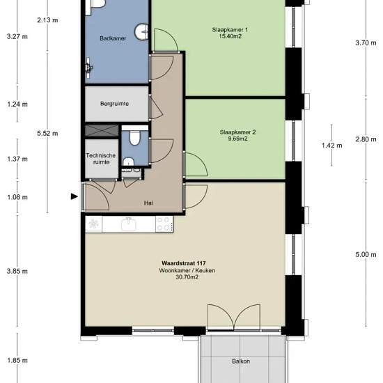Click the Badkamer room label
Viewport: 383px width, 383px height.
[113, 38]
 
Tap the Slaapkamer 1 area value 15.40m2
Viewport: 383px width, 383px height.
[230, 36]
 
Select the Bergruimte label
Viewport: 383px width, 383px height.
[114, 104]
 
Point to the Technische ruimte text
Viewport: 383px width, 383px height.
[101, 159]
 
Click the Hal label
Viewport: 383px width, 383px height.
[148, 203]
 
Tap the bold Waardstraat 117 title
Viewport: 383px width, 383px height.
[184, 263]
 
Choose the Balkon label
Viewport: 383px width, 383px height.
[241, 361]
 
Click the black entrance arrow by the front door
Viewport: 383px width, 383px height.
[75, 196]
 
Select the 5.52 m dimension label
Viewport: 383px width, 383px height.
[47, 134]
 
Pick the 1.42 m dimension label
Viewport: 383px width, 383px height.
[332, 146]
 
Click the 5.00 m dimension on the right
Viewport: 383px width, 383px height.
[366, 254]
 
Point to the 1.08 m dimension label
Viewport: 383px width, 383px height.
[17, 197]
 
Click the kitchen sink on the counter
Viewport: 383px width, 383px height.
[129, 224]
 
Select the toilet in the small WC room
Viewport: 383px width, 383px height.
[134, 138]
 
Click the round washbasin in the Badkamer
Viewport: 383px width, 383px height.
[141, 32]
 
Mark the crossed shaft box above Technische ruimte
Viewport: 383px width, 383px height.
[102, 130]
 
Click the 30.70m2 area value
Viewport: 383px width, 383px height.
[187, 277]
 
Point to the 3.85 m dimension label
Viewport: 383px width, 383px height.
[17, 271]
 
